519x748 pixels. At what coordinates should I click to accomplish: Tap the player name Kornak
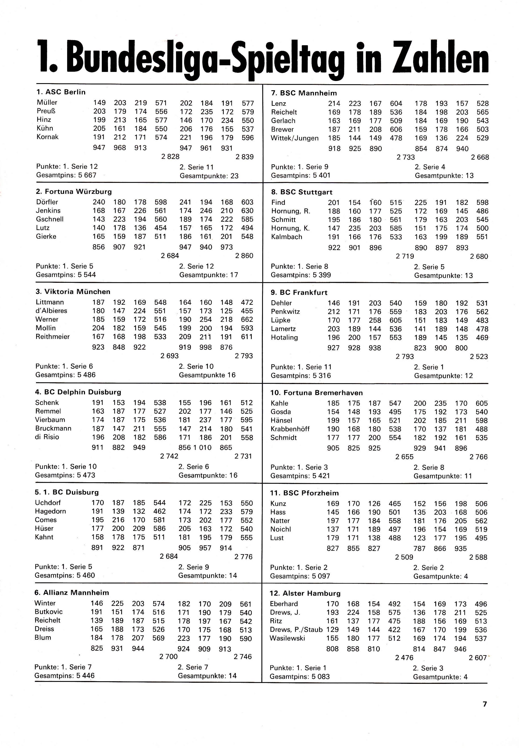tap(48, 137)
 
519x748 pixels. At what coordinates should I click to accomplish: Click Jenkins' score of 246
tap(206, 211)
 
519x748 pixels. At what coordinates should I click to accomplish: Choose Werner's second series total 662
tap(247, 320)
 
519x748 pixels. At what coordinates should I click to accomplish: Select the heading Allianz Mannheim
tap(71, 593)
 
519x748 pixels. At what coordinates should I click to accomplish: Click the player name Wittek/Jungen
tap(295, 138)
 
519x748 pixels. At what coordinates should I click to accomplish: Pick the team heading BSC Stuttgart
tap(302, 192)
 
